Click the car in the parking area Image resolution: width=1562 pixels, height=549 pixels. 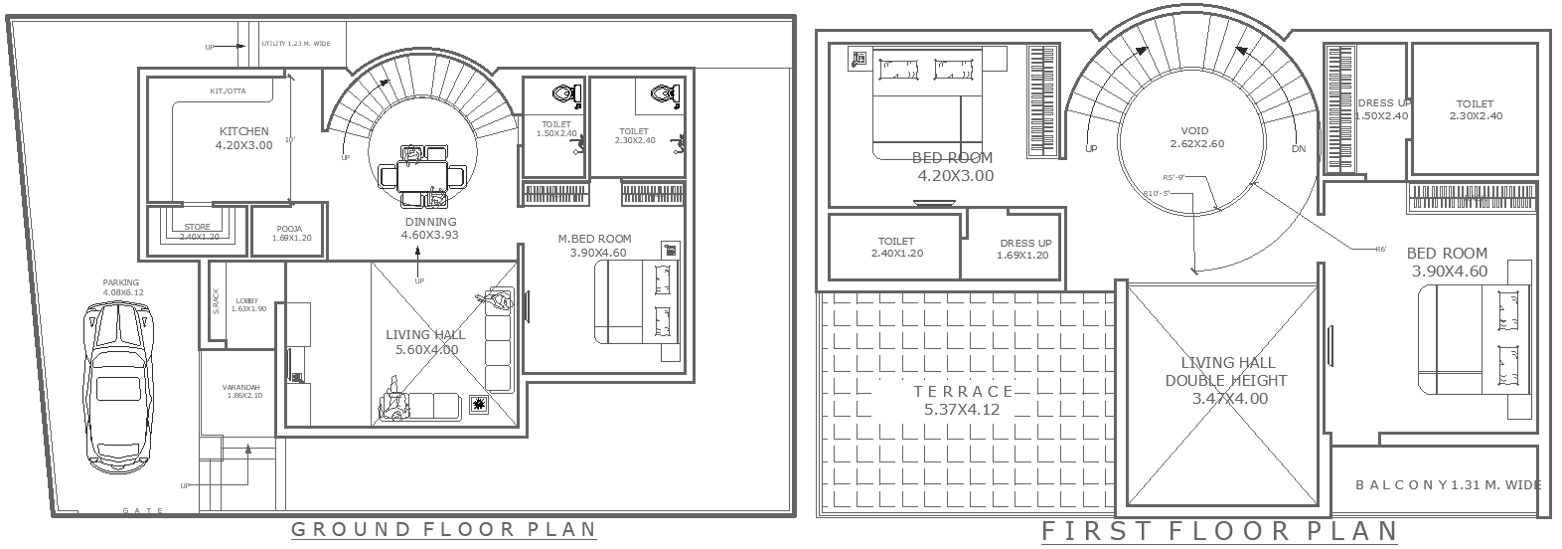click(118, 384)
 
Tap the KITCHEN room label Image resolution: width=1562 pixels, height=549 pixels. click(243, 131)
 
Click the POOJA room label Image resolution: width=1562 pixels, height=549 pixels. click(289, 230)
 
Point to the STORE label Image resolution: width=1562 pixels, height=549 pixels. click(197, 228)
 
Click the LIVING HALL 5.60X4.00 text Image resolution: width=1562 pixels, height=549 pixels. click(425, 342)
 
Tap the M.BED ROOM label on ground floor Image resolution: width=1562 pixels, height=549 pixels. click(594, 239)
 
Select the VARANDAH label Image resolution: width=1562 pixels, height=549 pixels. click(240, 387)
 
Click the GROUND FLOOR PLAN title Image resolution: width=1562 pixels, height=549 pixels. click(443, 529)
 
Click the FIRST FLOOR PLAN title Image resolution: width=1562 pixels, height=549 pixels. click(1219, 532)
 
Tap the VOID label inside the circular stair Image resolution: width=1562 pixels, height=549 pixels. click(1194, 131)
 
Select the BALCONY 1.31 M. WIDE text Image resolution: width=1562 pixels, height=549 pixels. click(1448, 485)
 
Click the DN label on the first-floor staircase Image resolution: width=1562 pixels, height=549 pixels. click(1299, 149)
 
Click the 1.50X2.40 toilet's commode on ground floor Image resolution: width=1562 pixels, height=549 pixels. click(563, 94)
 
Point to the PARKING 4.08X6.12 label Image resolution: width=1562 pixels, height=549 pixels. click(123, 287)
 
